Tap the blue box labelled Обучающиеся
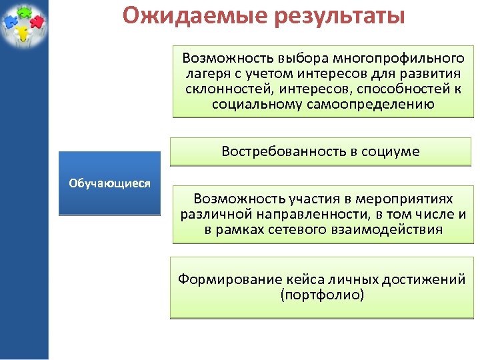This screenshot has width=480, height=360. click(x=110, y=183)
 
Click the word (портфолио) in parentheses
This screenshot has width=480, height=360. click(x=323, y=295)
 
